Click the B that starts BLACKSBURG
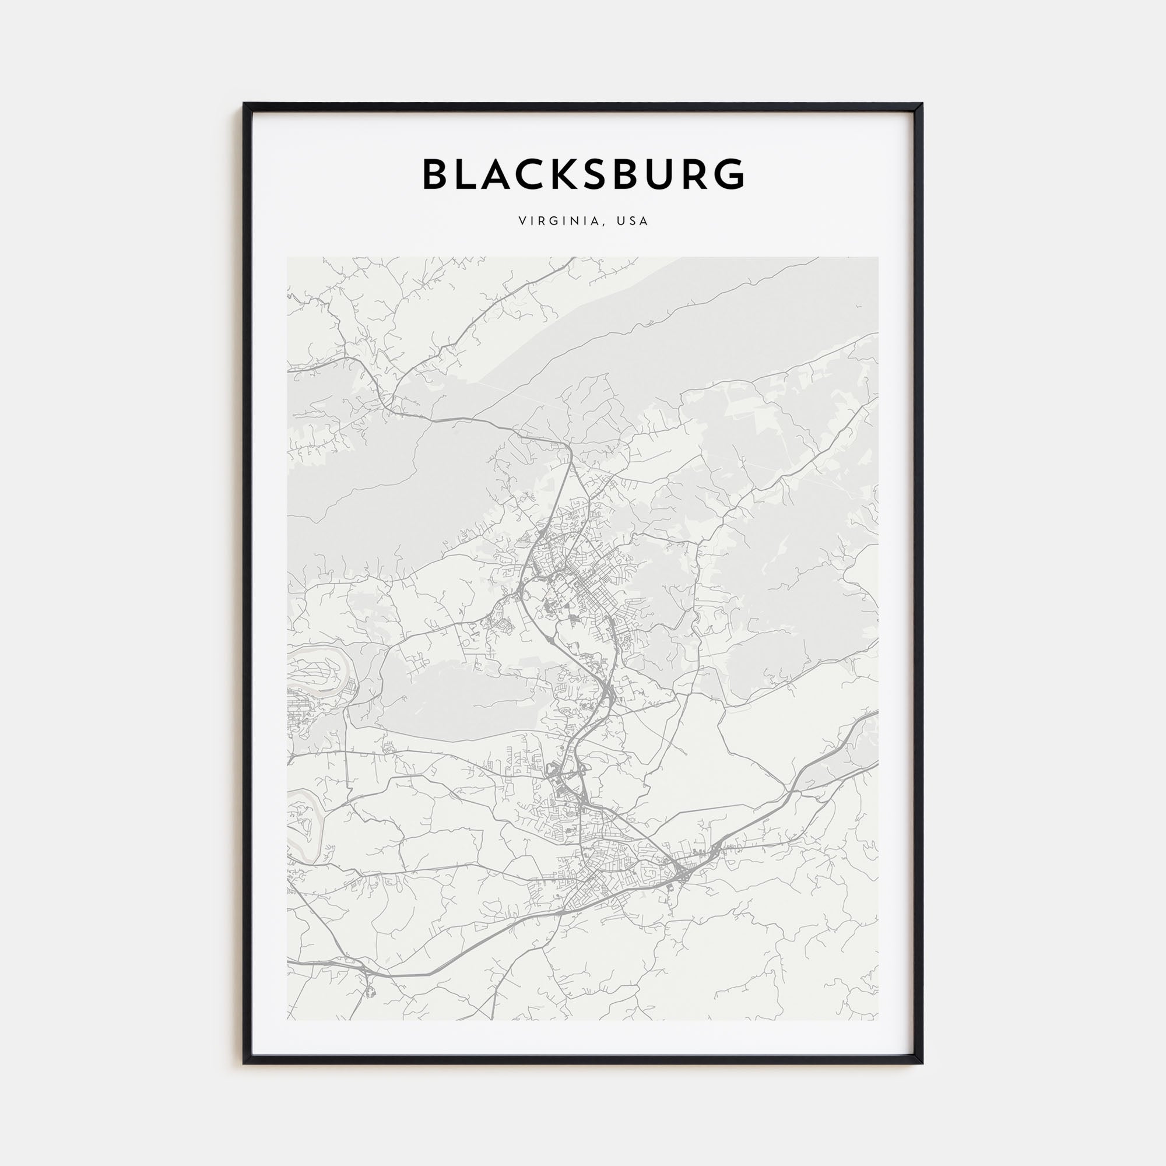pos(435,174)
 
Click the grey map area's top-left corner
pos(288,258)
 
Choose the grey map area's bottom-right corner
pos(878,1020)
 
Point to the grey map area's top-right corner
pos(878,258)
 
